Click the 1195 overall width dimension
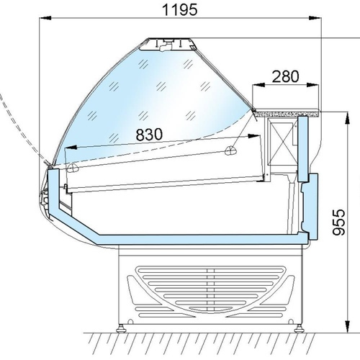click(x=180, y=10)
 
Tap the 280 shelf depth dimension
click(x=286, y=76)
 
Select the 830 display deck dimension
click(x=149, y=134)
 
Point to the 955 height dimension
click(x=339, y=222)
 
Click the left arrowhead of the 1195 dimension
click(x=45, y=18)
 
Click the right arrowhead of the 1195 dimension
click(x=315, y=18)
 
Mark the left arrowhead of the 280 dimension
click(x=258, y=84)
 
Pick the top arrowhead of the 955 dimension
click(x=347, y=118)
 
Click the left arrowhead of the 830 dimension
click(x=71, y=148)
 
